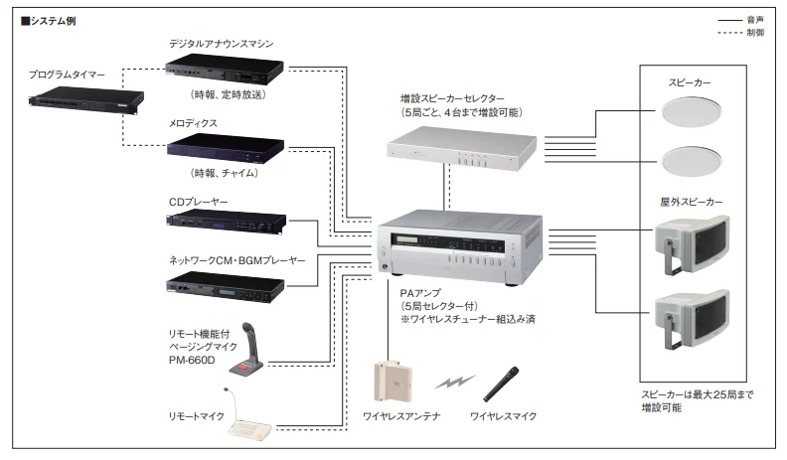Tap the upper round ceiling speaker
point(690,115)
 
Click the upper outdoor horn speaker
point(689,244)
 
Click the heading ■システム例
point(51,21)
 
